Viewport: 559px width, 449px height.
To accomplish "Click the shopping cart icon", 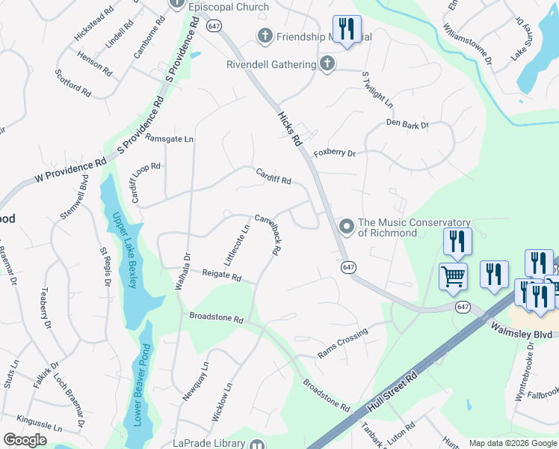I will tap(454, 275).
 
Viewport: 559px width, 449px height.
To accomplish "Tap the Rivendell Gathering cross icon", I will tap(327, 64).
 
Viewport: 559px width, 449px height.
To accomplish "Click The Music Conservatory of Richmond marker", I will tap(346, 225).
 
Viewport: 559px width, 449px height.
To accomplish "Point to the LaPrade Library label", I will tap(209, 443).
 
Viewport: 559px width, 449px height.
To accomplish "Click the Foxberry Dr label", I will tap(334, 153).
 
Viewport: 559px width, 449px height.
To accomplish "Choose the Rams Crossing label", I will tap(343, 340).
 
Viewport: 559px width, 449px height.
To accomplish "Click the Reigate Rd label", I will tap(222, 276).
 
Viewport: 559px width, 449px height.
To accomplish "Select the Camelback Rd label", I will tap(267, 236).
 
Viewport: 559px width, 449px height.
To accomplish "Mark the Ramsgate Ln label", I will tap(169, 138).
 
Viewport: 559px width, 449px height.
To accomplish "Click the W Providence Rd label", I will tap(71, 171).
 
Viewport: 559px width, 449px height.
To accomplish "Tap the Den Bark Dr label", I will tap(407, 124).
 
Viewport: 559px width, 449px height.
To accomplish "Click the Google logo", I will tap(25, 440).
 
